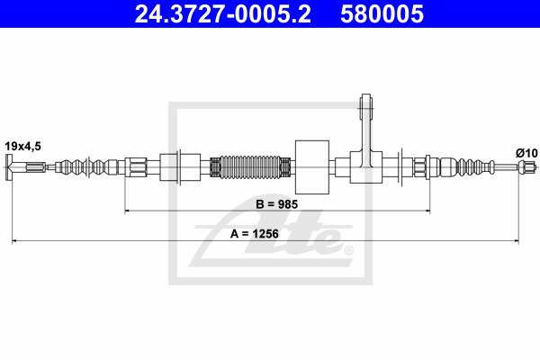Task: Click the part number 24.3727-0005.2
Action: (x=222, y=13)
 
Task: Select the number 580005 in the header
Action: (x=382, y=13)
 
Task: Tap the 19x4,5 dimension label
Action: (x=22, y=147)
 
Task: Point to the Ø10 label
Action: (x=526, y=153)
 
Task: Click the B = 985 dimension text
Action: (x=276, y=204)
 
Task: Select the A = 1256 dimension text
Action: (x=254, y=234)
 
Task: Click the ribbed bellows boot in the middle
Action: (x=250, y=167)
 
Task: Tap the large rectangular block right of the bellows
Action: (x=312, y=167)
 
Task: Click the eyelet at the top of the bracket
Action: (x=366, y=102)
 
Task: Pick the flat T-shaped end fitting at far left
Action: (x=9, y=167)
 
